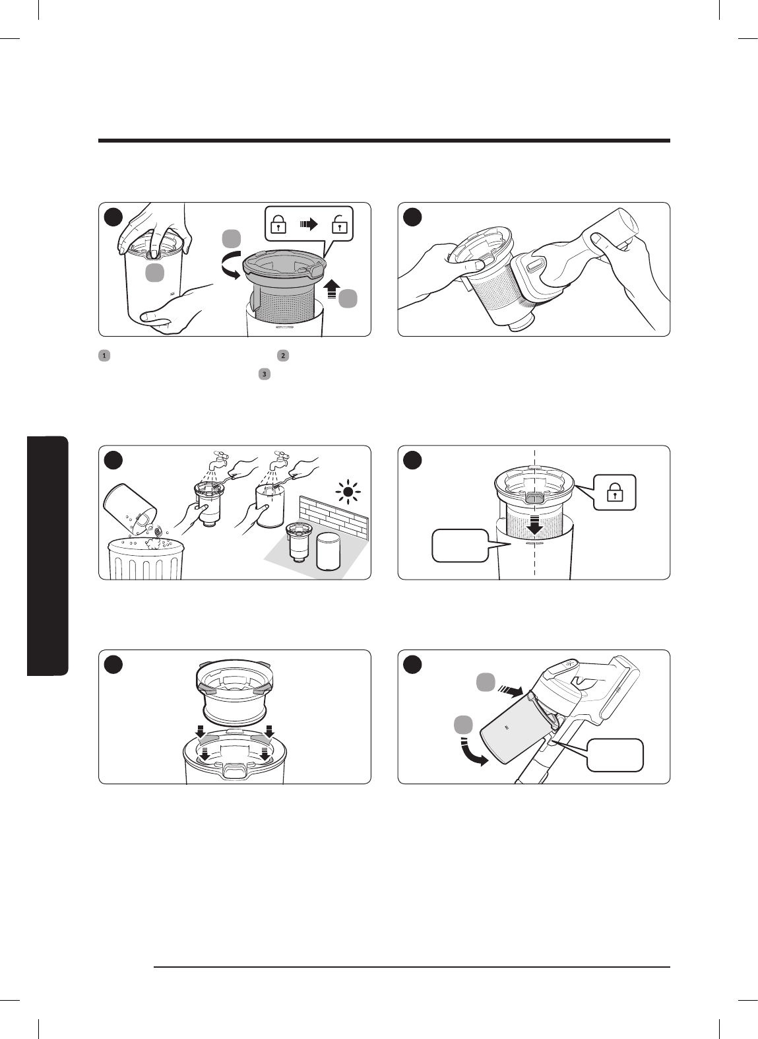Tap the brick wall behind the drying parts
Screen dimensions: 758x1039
(334, 519)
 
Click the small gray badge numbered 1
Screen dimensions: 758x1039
(104, 356)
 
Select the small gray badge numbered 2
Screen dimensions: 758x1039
(283, 356)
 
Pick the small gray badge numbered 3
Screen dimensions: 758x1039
(265, 374)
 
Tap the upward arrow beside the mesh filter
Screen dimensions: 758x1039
(331, 288)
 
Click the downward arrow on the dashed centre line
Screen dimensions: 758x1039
(535, 525)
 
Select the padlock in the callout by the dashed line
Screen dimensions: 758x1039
(615, 492)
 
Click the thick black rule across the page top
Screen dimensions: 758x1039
(385, 141)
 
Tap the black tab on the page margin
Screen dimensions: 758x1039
(47, 556)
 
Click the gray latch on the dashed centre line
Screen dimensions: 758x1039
(535, 497)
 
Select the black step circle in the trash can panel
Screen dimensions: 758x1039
(113, 460)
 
